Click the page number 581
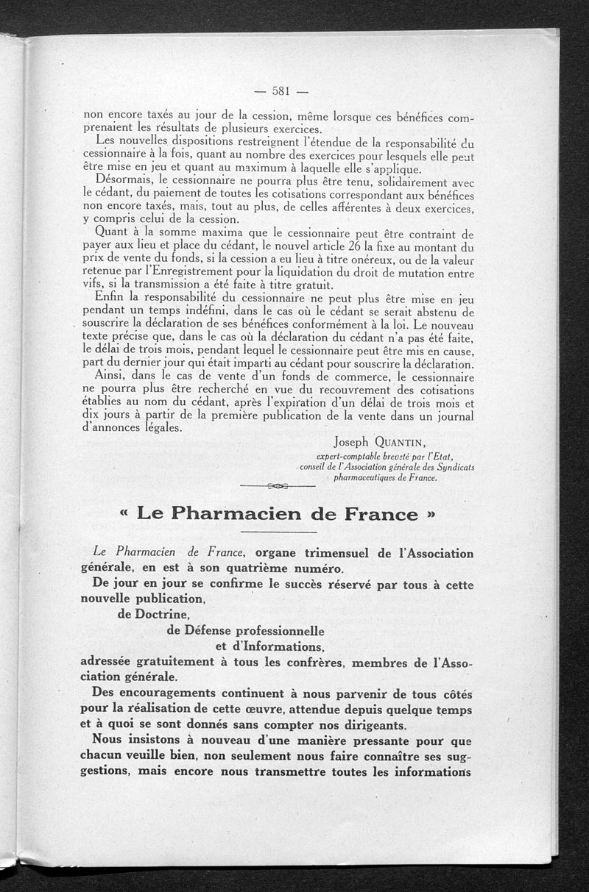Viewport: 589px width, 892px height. (x=281, y=92)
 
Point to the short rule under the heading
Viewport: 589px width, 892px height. (x=278, y=532)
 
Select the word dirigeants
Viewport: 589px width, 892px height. (x=361, y=724)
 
